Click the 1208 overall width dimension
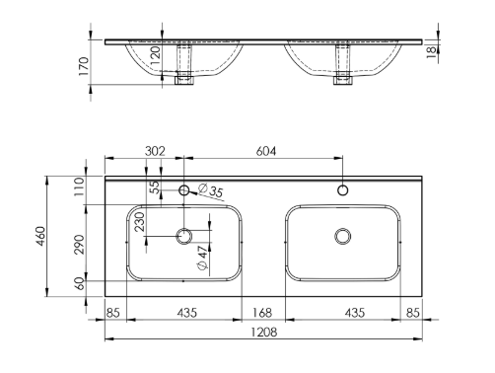coord(264,333)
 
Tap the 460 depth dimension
coord(40,236)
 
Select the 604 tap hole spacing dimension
coord(266,151)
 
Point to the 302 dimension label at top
coord(155,151)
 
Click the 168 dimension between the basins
coord(262,313)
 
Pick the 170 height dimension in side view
coord(84,66)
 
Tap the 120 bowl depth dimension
coord(156,55)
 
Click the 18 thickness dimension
coord(432,52)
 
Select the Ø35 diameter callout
coord(211,190)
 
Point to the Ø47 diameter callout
coord(203,258)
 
